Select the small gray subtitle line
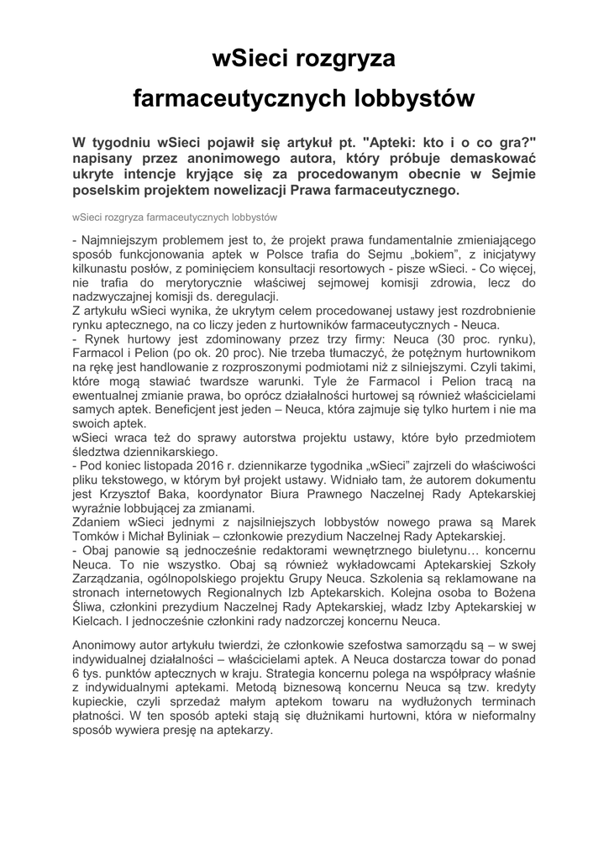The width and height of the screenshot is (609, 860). (x=175, y=217)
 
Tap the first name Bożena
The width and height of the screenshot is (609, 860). (x=512, y=593)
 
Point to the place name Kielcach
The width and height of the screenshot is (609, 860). (x=97, y=621)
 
